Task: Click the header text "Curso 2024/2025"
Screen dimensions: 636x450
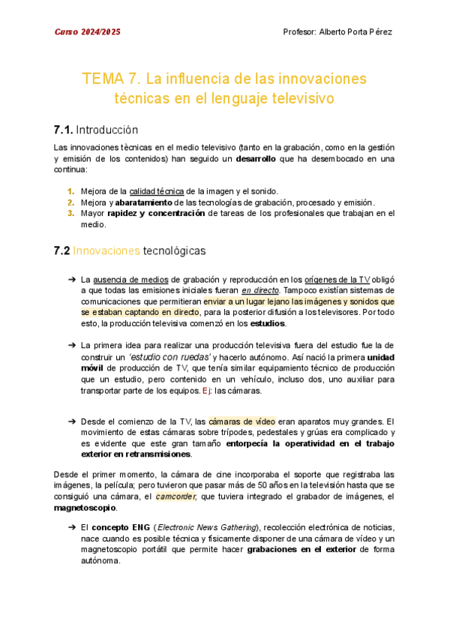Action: pyautogui.click(x=87, y=32)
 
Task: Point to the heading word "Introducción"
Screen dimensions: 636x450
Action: pyautogui.click(x=108, y=129)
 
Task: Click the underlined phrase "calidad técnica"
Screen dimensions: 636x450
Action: pyautogui.click(x=157, y=191)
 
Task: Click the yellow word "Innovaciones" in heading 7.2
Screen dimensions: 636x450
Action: pyautogui.click(x=106, y=250)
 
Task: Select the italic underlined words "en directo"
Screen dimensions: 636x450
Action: pyautogui.click(x=261, y=290)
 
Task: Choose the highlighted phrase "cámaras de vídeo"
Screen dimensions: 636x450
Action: pyautogui.click(x=241, y=421)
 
